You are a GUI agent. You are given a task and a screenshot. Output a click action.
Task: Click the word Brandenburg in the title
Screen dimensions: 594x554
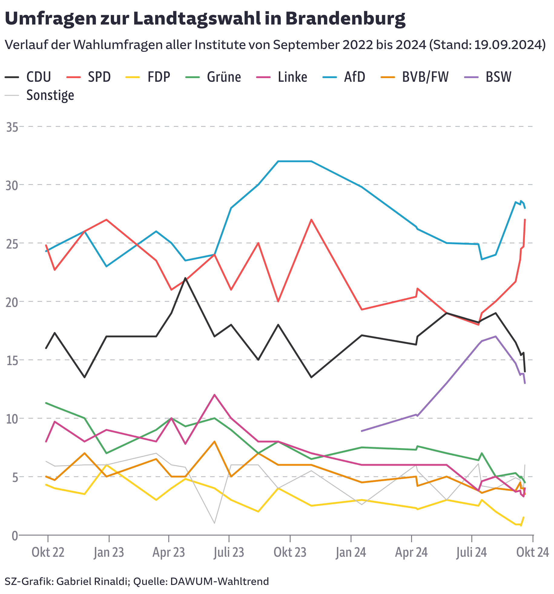[x=345, y=19]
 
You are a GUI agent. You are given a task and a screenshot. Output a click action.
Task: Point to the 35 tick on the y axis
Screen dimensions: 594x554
[x=12, y=127]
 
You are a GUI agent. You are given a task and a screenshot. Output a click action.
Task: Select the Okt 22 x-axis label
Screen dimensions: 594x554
[x=48, y=553]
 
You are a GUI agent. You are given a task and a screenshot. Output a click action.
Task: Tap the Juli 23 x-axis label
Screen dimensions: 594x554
[x=229, y=553]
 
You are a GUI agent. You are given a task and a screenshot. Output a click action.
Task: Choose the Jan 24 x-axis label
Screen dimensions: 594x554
[x=351, y=553]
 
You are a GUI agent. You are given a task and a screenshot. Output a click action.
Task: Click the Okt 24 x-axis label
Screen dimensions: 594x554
[x=533, y=553]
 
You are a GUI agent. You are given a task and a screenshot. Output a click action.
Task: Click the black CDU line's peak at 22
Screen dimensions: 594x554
[x=185, y=278]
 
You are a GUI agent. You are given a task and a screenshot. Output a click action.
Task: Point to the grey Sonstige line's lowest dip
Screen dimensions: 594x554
[x=214, y=523]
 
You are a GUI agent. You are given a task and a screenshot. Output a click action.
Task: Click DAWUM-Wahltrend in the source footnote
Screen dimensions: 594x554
[x=219, y=581]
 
